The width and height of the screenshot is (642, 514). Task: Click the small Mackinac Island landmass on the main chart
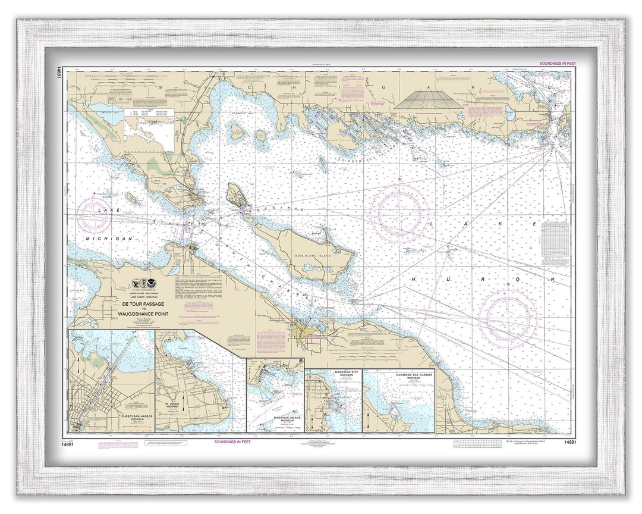235,195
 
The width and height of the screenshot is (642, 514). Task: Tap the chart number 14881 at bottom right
569,442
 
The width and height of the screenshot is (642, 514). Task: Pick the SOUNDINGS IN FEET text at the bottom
232,442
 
